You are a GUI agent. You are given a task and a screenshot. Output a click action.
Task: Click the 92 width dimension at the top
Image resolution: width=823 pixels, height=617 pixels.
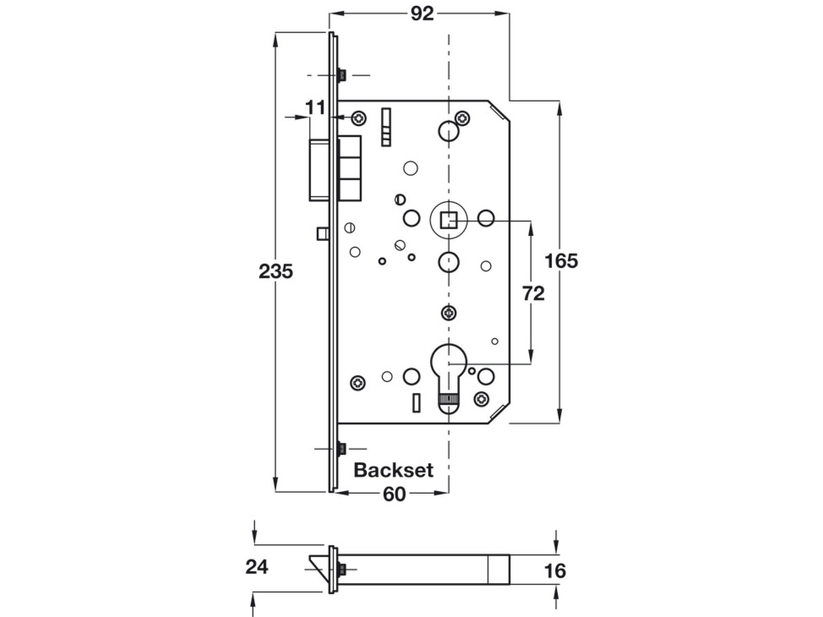click(422, 14)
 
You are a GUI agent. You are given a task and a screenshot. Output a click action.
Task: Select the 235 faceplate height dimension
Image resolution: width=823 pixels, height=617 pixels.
click(275, 271)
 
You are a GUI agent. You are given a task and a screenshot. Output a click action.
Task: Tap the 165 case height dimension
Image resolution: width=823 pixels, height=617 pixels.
click(561, 261)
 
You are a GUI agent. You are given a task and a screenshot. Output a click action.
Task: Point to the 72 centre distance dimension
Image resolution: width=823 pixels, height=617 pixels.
click(533, 293)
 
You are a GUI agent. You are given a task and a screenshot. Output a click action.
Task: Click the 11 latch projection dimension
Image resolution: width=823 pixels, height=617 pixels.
click(315, 108)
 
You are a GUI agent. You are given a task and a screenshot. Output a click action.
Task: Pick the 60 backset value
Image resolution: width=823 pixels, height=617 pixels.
click(394, 494)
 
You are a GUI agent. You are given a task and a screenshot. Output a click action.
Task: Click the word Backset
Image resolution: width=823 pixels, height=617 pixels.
click(393, 470)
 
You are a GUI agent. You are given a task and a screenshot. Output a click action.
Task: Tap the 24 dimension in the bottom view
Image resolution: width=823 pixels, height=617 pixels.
click(257, 567)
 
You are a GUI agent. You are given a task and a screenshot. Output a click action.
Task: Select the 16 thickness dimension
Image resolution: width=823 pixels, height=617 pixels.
click(555, 571)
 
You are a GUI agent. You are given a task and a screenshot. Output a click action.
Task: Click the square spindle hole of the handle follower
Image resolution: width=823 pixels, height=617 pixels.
click(449, 221)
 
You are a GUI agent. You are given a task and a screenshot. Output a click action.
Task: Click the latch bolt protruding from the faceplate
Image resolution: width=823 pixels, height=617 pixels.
click(319, 170)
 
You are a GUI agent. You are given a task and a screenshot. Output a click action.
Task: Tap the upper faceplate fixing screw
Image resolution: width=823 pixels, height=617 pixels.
click(341, 75)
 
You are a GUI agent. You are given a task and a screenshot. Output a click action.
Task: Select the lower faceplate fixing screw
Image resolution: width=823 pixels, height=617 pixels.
click(341, 449)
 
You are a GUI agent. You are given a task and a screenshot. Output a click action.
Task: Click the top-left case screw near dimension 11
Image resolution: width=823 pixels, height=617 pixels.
click(359, 119)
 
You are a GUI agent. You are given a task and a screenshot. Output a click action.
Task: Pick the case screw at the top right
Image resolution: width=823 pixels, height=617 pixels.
click(463, 118)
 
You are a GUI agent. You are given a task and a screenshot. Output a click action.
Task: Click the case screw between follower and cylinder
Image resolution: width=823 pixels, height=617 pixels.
click(449, 313)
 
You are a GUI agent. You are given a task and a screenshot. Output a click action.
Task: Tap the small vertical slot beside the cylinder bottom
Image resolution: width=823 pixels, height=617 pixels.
click(416, 403)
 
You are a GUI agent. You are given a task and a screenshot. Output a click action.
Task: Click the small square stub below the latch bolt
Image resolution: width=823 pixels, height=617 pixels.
click(322, 234)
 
